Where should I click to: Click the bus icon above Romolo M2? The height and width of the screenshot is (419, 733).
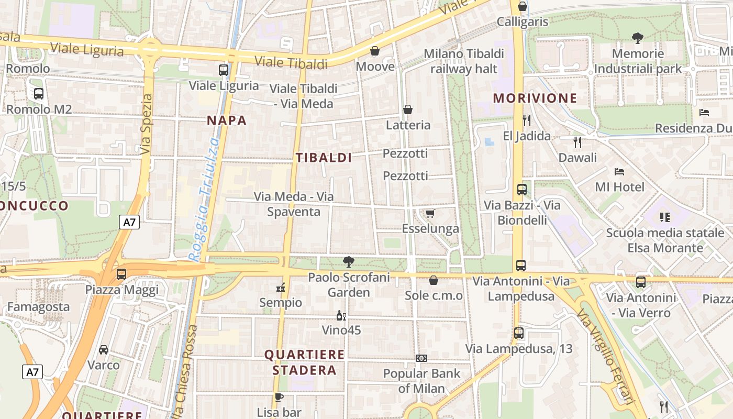[x=38, y=94]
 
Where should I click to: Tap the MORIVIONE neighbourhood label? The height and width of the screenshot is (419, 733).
[x=535, y=98]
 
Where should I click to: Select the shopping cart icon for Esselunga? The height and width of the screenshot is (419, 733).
[x=430, y=213]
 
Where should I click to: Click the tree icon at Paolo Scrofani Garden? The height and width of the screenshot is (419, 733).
[x=348, y=262]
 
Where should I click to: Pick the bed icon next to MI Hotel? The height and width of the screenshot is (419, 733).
[x=619, y=171]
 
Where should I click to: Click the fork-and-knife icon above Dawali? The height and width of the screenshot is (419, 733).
[x=577, y=142]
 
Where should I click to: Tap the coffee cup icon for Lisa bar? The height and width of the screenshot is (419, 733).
[x=279, y=397]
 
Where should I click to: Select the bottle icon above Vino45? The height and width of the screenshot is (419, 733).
[x=341, y=315]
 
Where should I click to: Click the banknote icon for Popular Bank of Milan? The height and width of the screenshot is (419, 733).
[x=421, y=358]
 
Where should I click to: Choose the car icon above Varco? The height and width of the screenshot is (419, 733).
[x=104, y=349]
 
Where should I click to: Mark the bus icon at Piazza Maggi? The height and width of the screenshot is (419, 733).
[x=121, y=274]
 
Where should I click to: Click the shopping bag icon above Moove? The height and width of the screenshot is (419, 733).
[x=375, y=51]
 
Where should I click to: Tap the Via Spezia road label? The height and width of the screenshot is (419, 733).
[x=147, y=124]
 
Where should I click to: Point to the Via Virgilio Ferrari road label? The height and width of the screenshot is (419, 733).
[x=606, y=357]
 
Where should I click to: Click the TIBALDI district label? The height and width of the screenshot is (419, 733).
[x=324, y=158]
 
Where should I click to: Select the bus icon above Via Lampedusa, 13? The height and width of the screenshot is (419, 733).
[x=518, y=333]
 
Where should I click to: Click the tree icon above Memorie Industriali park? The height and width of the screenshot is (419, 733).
[x=637, y=38]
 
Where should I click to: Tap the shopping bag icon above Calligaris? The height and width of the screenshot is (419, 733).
[x=522, y=6]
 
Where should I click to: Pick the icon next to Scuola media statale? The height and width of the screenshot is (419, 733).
[x=665, y=217]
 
